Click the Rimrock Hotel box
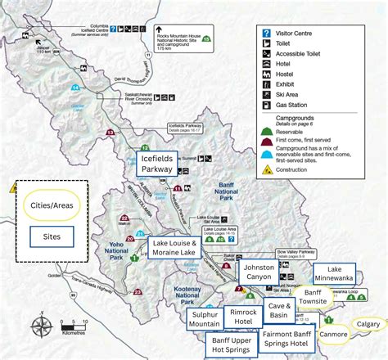243,317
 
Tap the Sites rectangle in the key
46,237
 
